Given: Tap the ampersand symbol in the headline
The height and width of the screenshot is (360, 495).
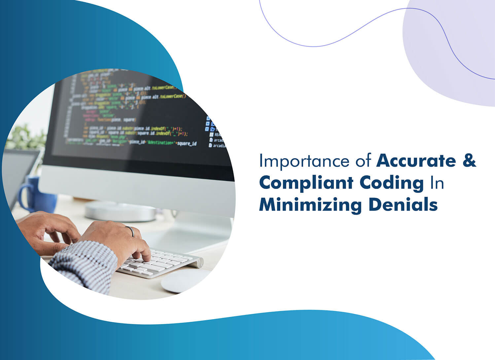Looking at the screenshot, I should coord(469,161).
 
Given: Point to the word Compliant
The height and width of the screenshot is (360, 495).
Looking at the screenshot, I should coord(306,183).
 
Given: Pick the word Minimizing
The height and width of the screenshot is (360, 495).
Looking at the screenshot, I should coord(310,205).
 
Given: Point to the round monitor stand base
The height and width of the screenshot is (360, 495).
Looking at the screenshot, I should coord(120,211).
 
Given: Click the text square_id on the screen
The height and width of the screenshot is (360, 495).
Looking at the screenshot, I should coord(187,143).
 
